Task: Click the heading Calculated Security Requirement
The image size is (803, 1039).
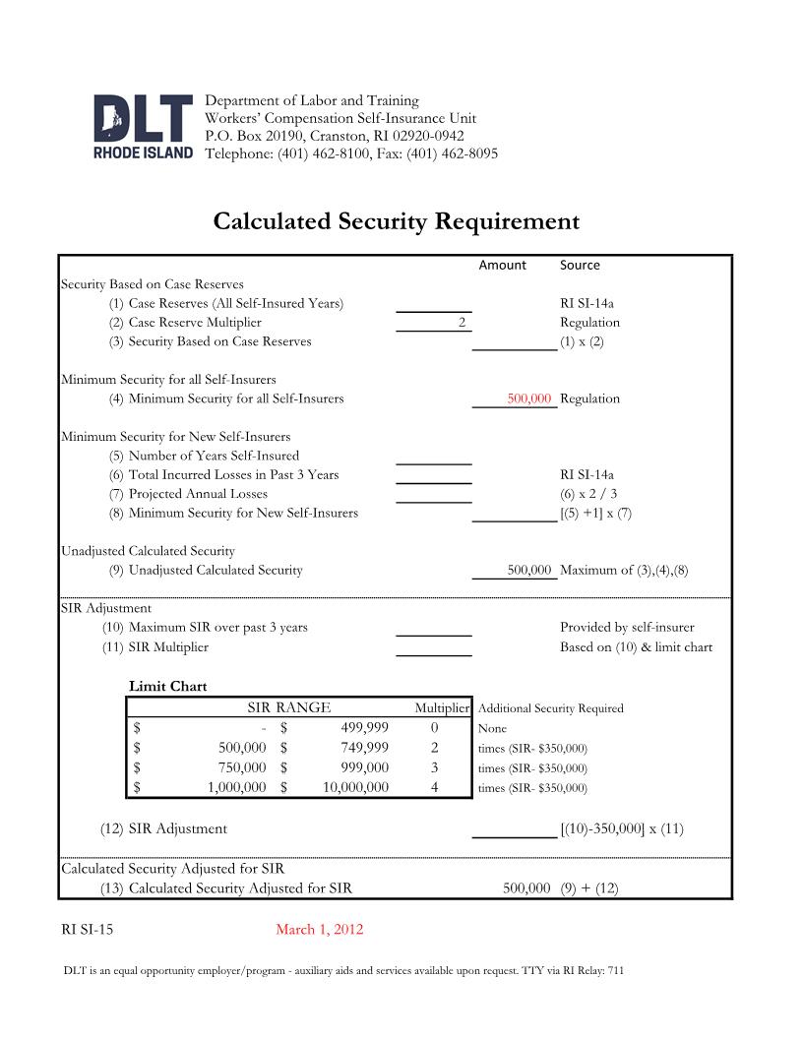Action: click(x=396, y=221)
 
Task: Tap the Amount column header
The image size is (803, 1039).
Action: click(x=502, y=265)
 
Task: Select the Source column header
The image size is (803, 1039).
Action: click(x=580, y=265)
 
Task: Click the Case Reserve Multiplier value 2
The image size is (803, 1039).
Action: click(x=461, y=323)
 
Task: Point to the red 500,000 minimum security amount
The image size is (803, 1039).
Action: click(x=528, y=398)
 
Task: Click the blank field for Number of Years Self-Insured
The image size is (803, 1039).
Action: click(x=433, y=456)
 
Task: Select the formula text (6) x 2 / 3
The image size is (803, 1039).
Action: click(x=588, y=494)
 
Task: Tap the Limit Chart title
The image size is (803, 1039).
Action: click(x=168, y=686)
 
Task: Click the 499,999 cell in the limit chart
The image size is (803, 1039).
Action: click(x=364, y=728)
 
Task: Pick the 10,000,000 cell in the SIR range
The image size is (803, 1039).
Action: click(x=355, y=787)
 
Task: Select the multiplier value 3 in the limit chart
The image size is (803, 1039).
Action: click(x=434, y=767)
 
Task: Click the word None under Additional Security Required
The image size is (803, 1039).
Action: click(x=492, y=729)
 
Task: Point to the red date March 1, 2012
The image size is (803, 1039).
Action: click(x=319, y=930)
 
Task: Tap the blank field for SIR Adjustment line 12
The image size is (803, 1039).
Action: click(x=514, y=828)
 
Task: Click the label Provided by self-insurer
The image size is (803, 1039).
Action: click(x=627, y=628)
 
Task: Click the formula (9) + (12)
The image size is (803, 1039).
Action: click(x=588, y=888)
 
